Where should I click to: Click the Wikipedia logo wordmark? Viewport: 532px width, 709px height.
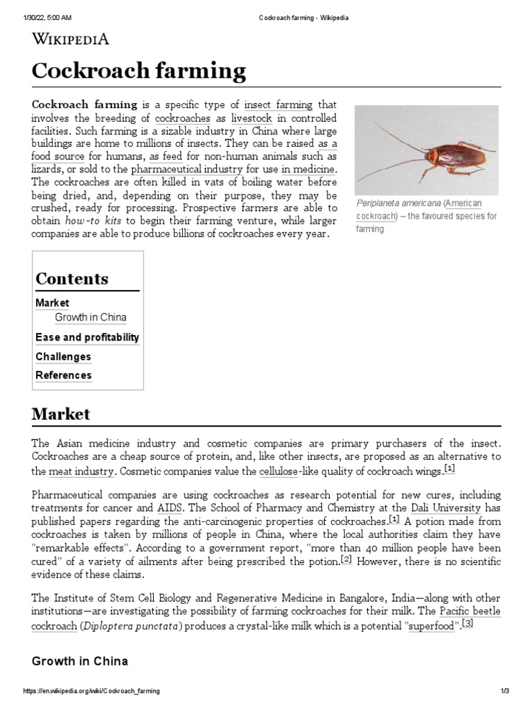tap(71, 39)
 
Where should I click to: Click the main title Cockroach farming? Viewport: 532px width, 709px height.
tap(139, 71)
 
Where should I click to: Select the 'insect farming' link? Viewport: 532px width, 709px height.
tap(278, 105)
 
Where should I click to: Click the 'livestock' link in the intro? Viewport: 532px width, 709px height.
tap(251, 118)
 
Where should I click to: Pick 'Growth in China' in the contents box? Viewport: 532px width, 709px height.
tap(91, 318)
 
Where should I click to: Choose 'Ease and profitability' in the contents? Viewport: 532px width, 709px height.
tap(87, 338)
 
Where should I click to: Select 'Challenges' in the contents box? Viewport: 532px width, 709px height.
tap(63, 357)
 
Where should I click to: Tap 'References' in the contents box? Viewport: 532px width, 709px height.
tap(63, 375)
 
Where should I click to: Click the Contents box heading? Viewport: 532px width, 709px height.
tap(72, 279)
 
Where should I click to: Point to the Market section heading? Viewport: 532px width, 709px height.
tap(61, 414)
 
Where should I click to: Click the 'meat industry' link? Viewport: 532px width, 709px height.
tap(81, 472)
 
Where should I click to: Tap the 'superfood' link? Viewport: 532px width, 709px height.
tap(432, 627)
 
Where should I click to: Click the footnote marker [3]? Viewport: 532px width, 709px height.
tap(468, 625)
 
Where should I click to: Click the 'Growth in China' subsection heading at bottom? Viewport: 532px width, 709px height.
tap(80, 661)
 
